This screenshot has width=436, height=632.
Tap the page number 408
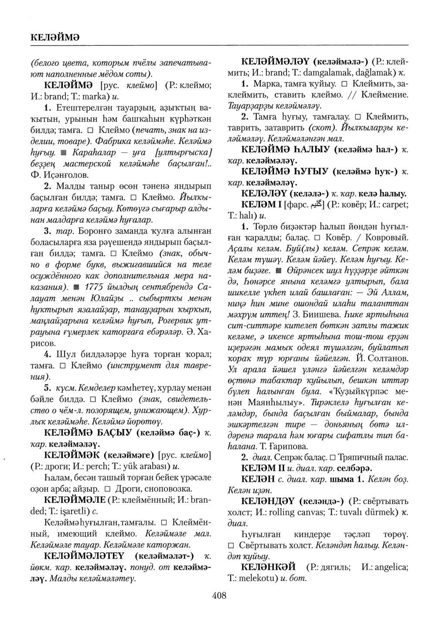click(x=219, y=595)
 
